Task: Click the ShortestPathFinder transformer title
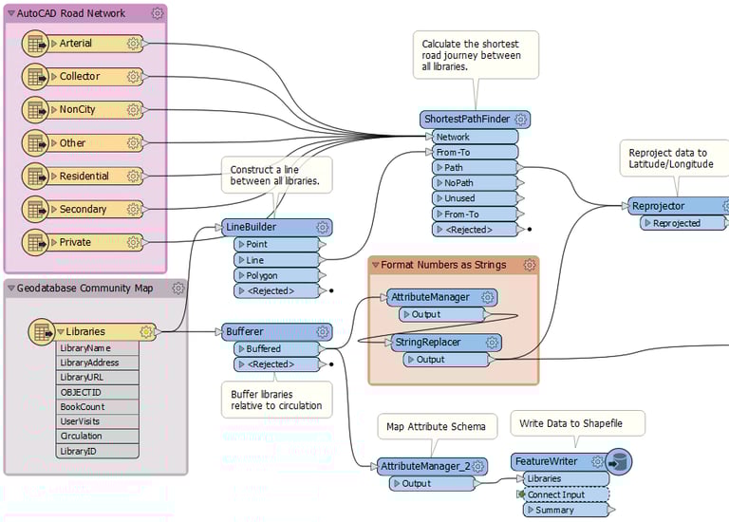(466, 120)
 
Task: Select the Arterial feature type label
(75, 44)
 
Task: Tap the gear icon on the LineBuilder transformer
(323, 227)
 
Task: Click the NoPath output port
(459, 183)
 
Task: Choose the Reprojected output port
(676, 223)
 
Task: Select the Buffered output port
(265, 349)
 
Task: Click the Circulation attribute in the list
(81, 437)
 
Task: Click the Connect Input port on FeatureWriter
(555, 495)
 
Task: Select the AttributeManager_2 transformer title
(422, 466)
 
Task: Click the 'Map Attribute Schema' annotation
(437, 427)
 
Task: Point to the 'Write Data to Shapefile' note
(578, 423)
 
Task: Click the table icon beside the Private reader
(35, 242)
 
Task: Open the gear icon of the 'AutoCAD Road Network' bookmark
(157, 13)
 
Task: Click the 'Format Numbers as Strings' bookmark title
(444, 265)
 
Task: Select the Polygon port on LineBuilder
(269, 275)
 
